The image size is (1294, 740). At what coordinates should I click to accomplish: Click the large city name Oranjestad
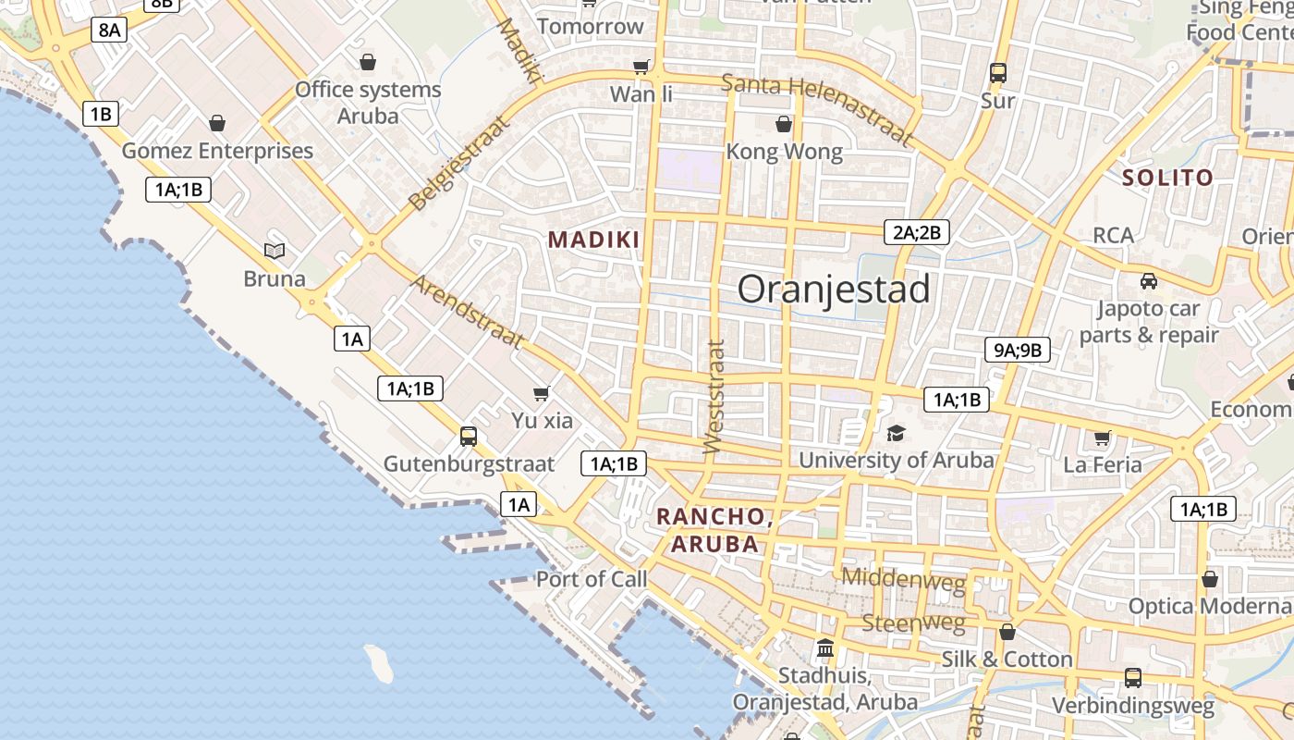(x=834, y=290)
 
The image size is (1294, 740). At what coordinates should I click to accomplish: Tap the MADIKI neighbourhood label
(x=594, y=240)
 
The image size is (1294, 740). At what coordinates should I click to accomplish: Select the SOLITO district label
(x=1167, y=178)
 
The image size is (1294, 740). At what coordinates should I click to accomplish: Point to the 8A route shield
(x=109, y=30)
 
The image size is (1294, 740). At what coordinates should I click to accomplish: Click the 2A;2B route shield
(x=916, y=232)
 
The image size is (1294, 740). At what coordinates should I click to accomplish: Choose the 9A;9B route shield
(x=1017, y=350)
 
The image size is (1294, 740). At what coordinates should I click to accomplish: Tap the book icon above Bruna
(x=275, y=251)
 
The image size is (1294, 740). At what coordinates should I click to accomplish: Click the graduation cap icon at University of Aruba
(x=896, y=433)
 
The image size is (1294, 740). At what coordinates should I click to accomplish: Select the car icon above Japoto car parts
(x=1148, y=281)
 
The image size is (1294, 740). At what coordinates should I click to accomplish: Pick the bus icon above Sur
(x=997, y=73)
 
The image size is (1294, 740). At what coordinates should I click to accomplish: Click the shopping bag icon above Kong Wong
(x=784, y=124)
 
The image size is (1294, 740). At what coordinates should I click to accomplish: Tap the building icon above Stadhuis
(x=825, y=647)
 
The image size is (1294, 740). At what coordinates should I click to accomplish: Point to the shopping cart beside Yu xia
(x=542, y=394)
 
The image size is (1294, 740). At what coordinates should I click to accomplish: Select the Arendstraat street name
(x=467, y=312)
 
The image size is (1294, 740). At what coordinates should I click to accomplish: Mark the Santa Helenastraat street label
(x=816, y=109)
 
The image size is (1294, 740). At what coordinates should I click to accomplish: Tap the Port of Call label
(x=592, y=580)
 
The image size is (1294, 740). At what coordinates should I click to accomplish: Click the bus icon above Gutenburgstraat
(x=469, y=436)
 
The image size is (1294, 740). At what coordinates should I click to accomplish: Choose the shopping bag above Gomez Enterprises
(x=217, y=123)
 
